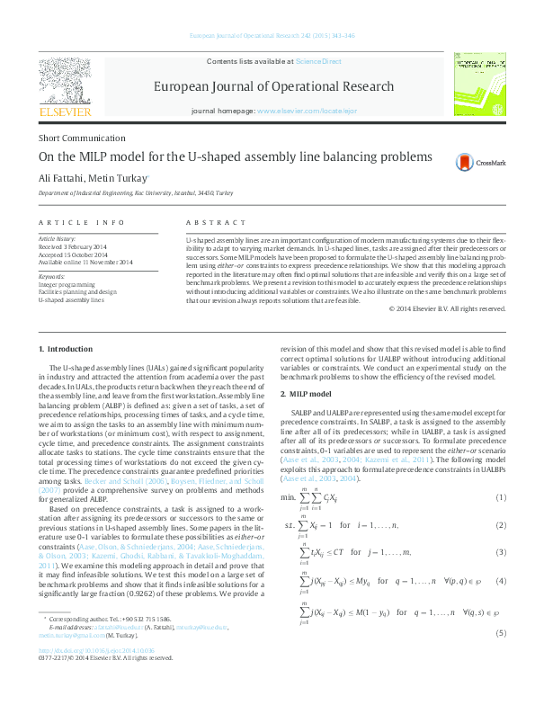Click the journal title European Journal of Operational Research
pyautogui.click(x=274, y=87)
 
